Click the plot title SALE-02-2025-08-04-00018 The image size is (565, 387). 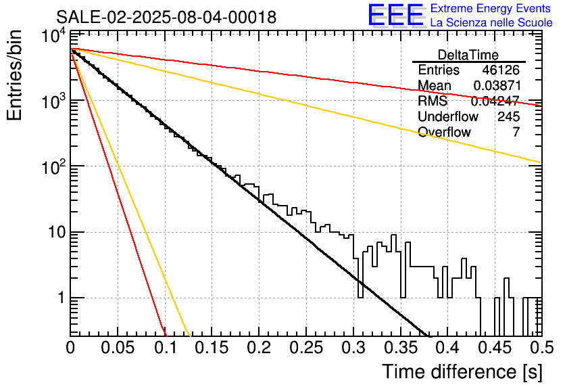(x=166, y=17)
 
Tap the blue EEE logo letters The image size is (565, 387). (x=395, y=15)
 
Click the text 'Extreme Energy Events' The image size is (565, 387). (x=491, y=8)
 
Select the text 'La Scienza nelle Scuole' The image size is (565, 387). (x=491, y=22)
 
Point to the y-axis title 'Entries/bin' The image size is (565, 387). (x=14, y=76)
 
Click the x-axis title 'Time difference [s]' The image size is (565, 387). (x=462, y=372)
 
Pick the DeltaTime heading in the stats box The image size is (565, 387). (x=468, y=55)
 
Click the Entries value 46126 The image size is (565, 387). (x=501, y=70)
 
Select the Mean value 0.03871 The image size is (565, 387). (x=497, y=85)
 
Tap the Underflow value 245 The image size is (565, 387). (x=509, y=116)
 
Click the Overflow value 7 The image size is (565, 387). (x=516, y=132)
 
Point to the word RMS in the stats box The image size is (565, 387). (x=433, y=101)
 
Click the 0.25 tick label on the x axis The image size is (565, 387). (x=306, y=348)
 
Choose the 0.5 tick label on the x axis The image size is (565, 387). (x=541, y=348)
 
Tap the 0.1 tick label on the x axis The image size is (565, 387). (x=166, y=348)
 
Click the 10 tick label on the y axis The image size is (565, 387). (x=57, y=232)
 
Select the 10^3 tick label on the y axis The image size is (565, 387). (x=54, y=100)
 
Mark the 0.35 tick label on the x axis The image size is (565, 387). (x=400, y=348)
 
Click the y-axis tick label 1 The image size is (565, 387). (x=61, y=298)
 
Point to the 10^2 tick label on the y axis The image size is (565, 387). (x=54, y=166)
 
